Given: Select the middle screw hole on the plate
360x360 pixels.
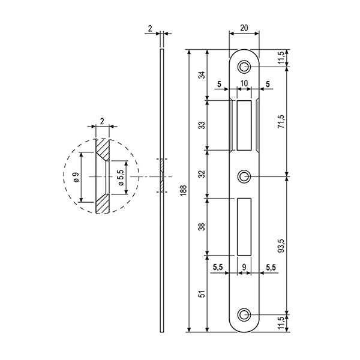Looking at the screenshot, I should point(244,176).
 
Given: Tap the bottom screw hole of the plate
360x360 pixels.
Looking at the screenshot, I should point(244,314).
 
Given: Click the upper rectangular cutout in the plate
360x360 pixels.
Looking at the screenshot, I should point(245,125).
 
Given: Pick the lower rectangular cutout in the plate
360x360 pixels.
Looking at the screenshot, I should point(244,226).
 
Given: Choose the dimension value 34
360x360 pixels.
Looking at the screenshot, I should point(201,76).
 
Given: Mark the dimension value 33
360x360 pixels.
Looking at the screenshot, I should point(201,125).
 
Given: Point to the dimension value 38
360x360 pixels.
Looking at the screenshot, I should point(201,226).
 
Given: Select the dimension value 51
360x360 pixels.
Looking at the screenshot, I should point(201,294).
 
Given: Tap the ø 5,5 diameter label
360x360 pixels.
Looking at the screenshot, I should point(121,178).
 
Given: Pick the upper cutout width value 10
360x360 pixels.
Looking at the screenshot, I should point(245,84).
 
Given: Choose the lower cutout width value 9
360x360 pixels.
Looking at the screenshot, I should point(244,266).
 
